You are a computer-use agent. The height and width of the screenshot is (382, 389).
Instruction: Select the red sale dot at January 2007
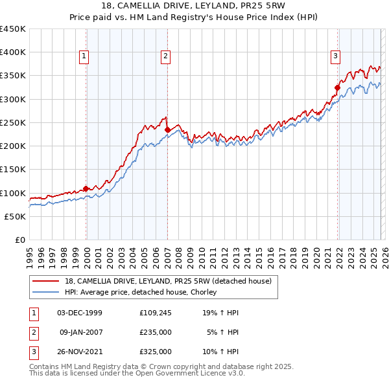point(167,129)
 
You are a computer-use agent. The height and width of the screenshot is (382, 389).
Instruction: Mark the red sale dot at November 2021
point(338,87)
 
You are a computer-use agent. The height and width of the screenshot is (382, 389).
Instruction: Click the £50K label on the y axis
point(15,216)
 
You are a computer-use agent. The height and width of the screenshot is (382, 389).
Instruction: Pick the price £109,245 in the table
point(155,312)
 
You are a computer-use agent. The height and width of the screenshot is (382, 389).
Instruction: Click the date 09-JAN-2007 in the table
point(81,331)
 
